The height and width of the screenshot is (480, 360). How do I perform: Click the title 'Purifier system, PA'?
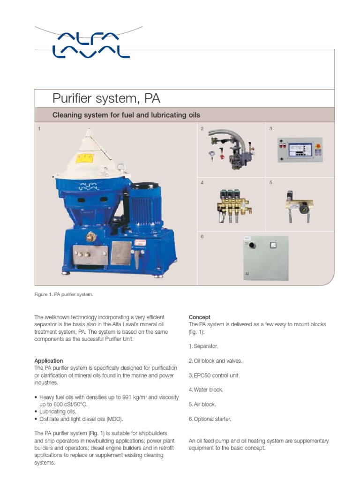(106, 98)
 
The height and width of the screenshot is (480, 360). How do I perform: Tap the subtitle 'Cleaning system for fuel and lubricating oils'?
(126, 115)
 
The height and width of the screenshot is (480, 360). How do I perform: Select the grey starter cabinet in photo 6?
(266, 258)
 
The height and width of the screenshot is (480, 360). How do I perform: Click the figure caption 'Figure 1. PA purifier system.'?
(64, 294)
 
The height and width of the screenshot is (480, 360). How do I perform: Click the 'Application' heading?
(49, 360)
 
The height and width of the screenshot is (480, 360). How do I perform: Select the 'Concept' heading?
(199, 317)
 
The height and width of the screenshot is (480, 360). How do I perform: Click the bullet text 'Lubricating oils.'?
(57, 411)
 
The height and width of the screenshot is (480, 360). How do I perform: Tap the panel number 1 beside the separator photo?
(39, 128)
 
